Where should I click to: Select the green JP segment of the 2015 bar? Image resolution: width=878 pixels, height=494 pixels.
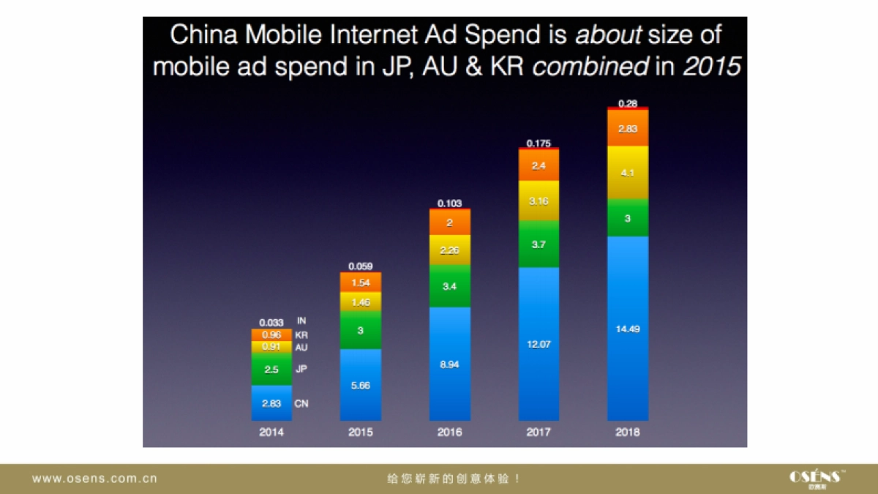pos(360,331)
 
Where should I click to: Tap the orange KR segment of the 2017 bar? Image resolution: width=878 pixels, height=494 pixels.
pos(539,165)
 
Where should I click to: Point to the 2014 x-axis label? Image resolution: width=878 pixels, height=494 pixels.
pos(271,433)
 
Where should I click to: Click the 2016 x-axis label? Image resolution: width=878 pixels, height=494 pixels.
pos(449,433)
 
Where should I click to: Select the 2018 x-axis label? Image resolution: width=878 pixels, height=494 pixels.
pos(628,433)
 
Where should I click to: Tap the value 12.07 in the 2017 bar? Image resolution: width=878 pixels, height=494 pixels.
pos(539,344)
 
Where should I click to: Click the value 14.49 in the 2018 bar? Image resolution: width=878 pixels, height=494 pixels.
pos(628,329)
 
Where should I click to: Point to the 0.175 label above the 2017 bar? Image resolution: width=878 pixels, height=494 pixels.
pos(539,143)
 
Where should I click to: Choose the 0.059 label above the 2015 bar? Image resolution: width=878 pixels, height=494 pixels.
pos(360,266)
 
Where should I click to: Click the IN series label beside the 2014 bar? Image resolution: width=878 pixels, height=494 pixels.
pos(301,321)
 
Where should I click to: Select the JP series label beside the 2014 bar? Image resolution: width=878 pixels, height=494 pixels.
pos(301,370)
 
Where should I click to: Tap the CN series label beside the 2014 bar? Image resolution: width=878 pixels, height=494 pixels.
pos(301,403)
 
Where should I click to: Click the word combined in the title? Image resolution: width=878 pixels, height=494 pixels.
pos(590,67)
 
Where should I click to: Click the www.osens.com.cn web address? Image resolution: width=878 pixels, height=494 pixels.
pos(94,479)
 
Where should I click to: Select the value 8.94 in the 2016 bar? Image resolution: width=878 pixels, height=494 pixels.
pos(449,364)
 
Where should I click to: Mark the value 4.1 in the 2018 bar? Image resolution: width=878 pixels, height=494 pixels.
pos(628,173)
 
